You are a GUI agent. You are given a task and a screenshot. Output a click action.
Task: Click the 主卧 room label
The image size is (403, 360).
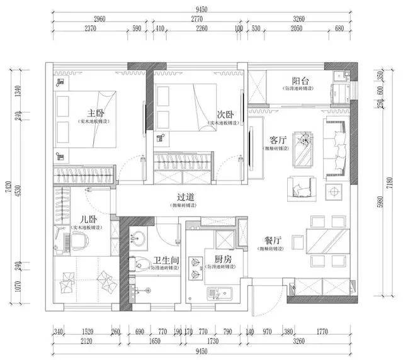(95, 113)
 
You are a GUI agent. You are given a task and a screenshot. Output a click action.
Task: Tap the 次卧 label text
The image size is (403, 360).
(225, 115)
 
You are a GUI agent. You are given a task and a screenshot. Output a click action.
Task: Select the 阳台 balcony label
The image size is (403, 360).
(300, 81)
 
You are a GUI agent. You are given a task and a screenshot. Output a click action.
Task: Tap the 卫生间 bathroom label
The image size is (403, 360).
(164, 259)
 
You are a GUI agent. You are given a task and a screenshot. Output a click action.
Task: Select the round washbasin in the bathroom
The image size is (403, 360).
(139, 238)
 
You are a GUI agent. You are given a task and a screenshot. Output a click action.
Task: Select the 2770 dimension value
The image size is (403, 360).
(198, 19)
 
